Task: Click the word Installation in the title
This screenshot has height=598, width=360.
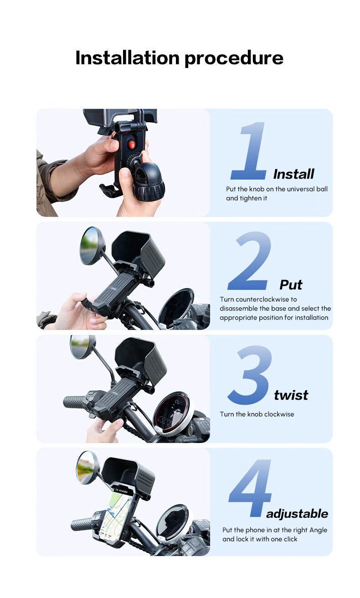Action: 127,58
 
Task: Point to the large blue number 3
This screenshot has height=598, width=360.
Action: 250,375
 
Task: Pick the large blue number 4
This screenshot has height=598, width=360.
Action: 250,488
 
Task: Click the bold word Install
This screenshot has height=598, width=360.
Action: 294,174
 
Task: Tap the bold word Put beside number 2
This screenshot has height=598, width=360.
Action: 291,285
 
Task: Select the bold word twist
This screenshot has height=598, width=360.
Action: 291,395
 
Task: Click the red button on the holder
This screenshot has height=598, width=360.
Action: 132,144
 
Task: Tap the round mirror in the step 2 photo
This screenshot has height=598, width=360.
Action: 93,246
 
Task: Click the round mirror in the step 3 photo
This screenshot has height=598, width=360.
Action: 83,347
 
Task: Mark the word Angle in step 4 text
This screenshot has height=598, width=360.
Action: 319,530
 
